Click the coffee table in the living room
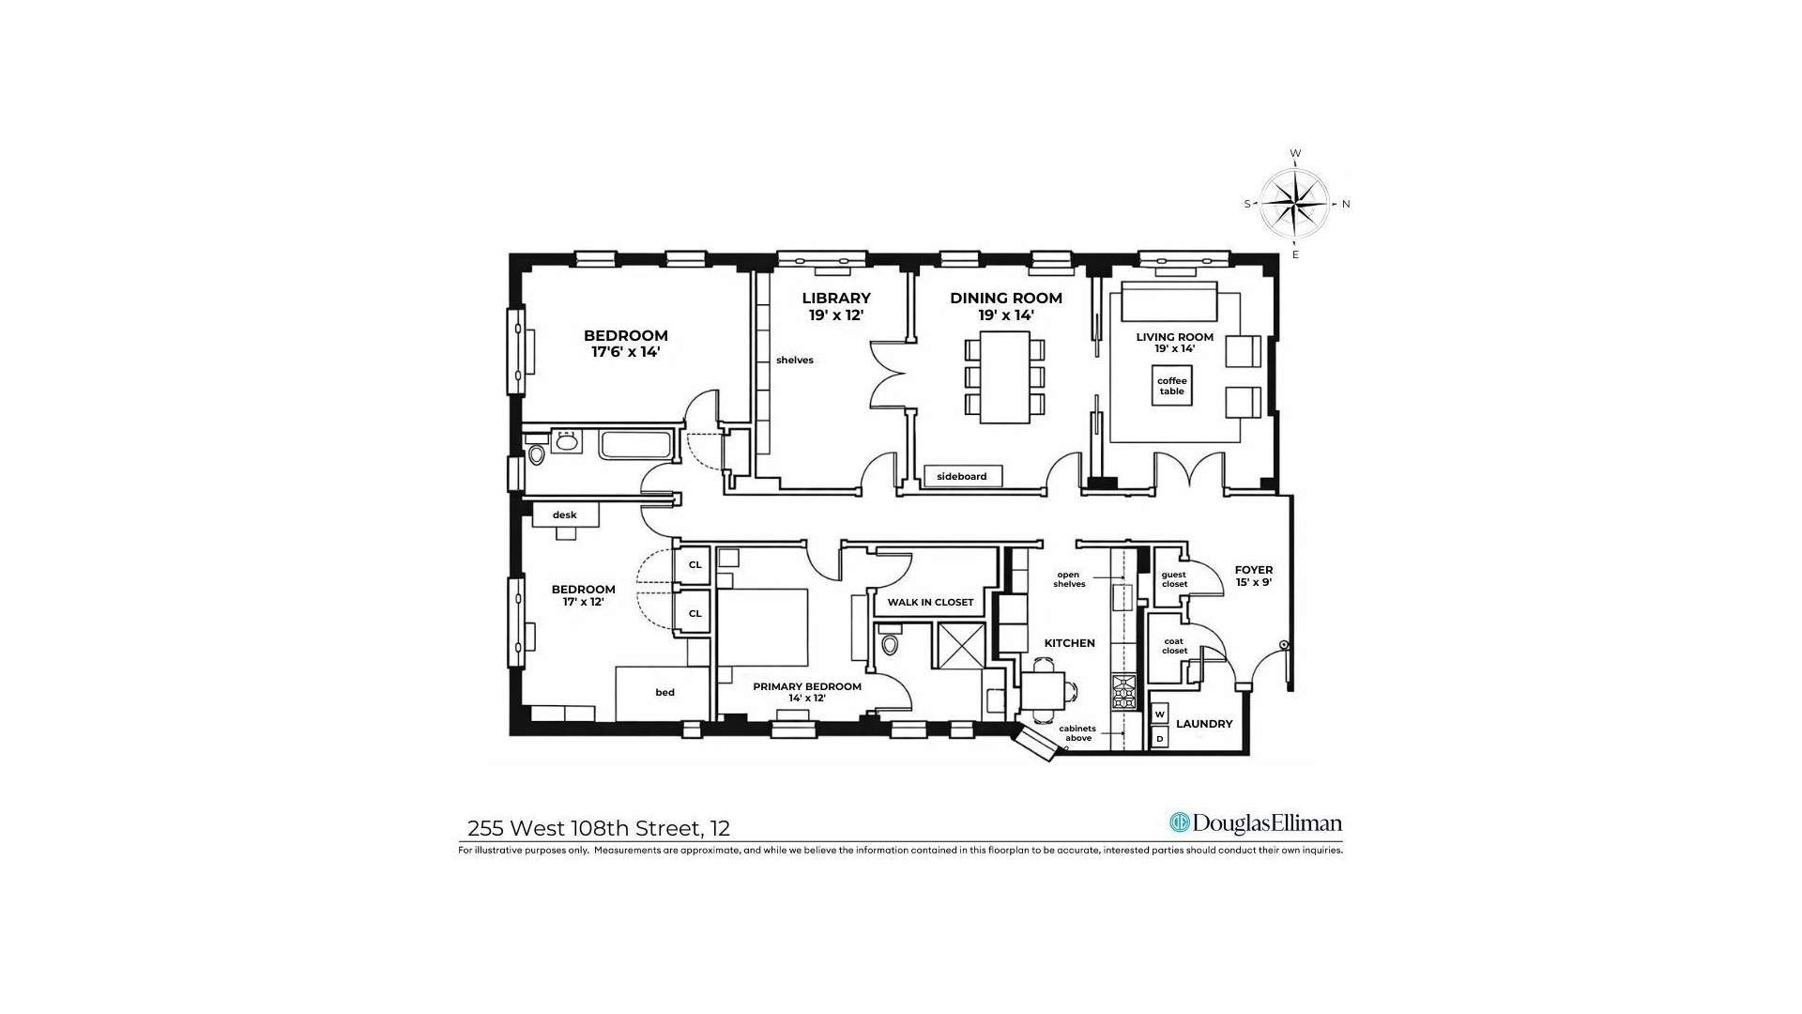(x=1171, y=386)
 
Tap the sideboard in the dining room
(x=962, y=476)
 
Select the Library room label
(x=835, y=307)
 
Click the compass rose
(x=1294, y=204)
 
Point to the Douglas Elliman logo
(x=1256, y=823)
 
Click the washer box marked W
(x=1160, y=714)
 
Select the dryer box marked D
(x=1160, y=739)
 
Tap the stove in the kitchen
(x=1123, y=692)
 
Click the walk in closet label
(x=930, y=602)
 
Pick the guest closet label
(x=1173, y=579)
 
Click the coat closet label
(x=1174, y=646)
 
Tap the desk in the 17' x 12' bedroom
(x=565, y=515)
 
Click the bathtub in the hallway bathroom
(x=636, y=444)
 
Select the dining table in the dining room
(x=1004, y=376)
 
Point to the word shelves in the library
(x=794, y=361)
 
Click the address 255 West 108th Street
(x=598, y=828)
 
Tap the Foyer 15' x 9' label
(x=1253, y=576)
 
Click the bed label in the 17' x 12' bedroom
(x=664, y=693)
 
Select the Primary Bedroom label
(x=806, y=692)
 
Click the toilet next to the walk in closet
(x=891, y=645)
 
